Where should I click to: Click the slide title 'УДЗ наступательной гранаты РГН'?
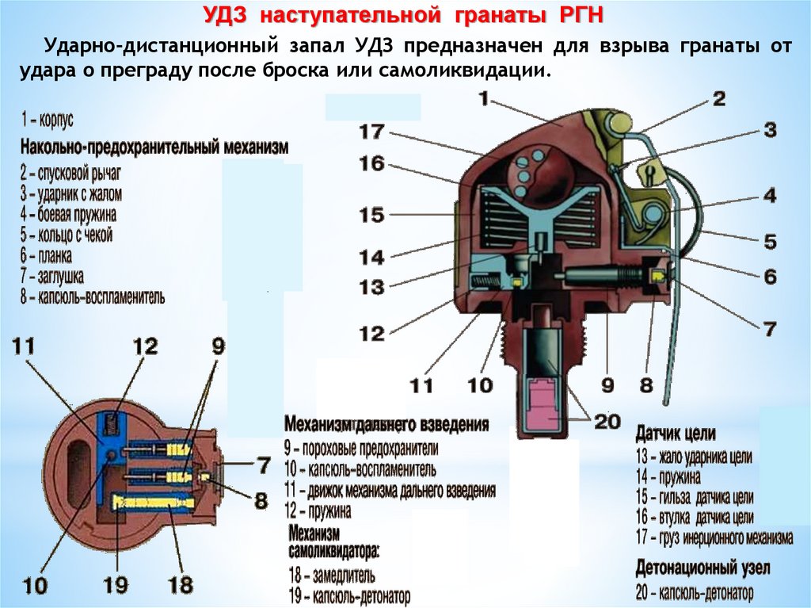click(405, 16)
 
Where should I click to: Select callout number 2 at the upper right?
click(718, 98)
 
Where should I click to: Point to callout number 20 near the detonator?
click(607, 423)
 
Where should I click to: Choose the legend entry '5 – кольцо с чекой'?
click(67, 235)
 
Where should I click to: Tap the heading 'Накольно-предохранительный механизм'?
click(154, 147)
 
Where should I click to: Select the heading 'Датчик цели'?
click(675, 434)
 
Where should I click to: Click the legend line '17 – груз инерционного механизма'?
click(714, 538)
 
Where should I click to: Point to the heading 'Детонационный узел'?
click(702, 568)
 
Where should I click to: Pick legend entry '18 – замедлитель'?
click(332, 575)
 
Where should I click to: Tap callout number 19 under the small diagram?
click(116, 586)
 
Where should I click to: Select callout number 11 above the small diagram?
click(24, 346)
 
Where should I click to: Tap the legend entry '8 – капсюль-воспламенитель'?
click(93, 297)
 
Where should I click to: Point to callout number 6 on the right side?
click(770, 277)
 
